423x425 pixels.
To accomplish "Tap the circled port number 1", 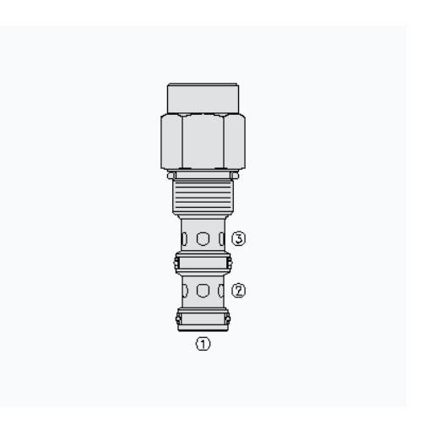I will coord(203,344).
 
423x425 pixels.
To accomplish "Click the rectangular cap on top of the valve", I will coord(203,97).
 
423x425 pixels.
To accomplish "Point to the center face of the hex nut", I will coord(203,142).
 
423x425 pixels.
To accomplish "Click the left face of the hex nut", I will coord(171,142).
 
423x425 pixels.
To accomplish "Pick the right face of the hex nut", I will coord(235,142).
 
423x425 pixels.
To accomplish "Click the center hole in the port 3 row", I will coord(203,239).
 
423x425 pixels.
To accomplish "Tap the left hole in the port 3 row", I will coord(184,239).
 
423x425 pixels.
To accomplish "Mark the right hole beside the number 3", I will coord(221,239).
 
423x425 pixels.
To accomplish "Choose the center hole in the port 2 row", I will coord(203,291).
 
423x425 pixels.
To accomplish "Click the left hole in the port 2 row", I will coord(184,291).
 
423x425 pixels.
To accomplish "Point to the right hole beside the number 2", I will coord(221,291).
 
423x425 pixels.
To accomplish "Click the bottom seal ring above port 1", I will coord(203,319).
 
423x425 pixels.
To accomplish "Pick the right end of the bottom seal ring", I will coord(228,319).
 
